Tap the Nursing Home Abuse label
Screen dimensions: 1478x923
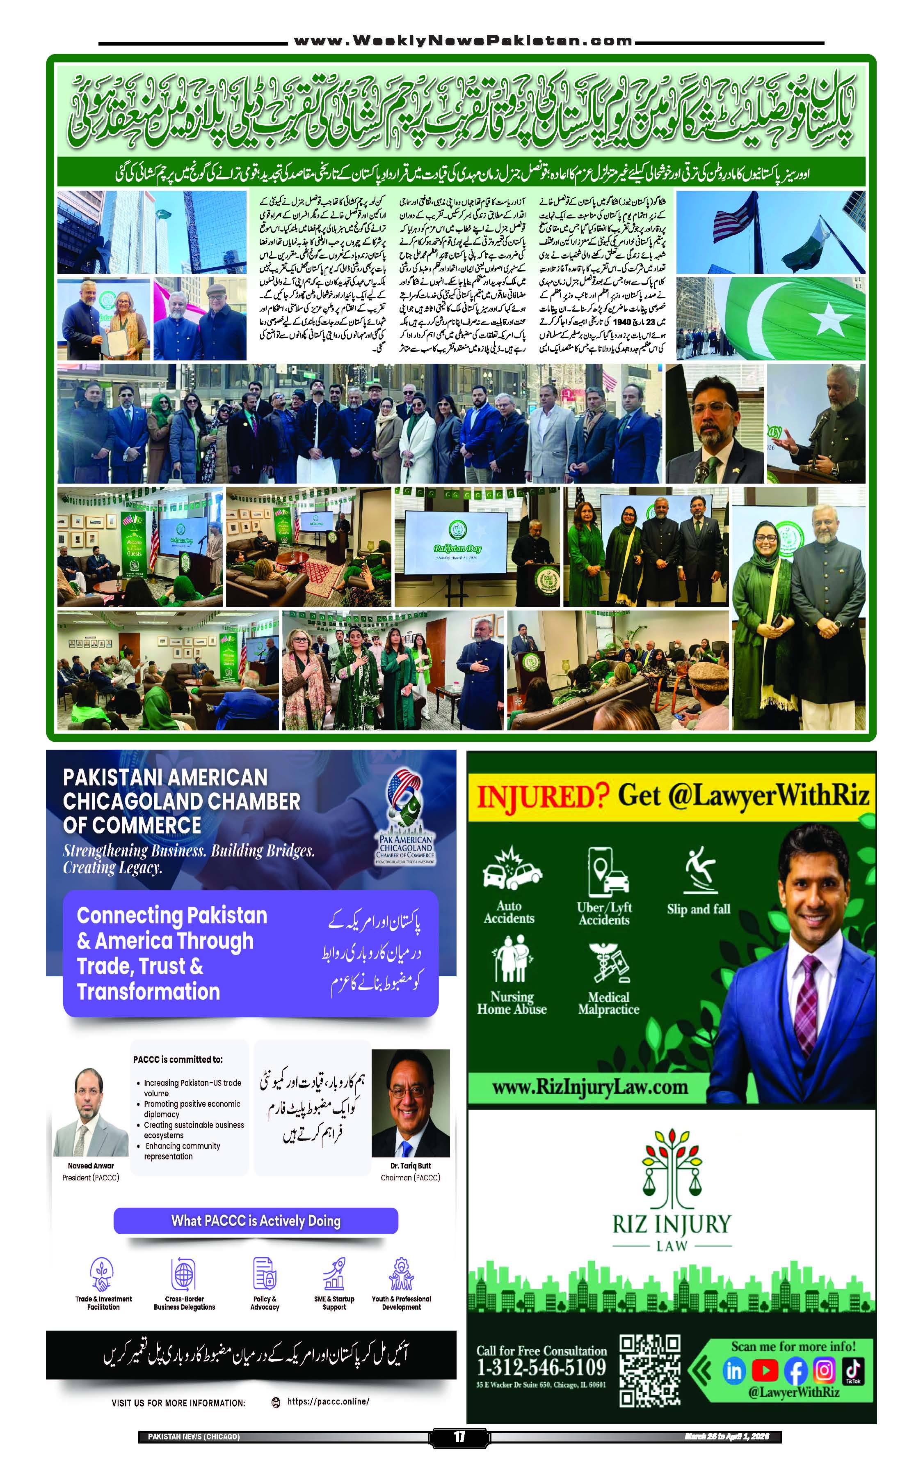pos(512,1003)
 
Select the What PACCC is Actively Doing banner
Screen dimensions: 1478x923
pos(256,1220)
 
